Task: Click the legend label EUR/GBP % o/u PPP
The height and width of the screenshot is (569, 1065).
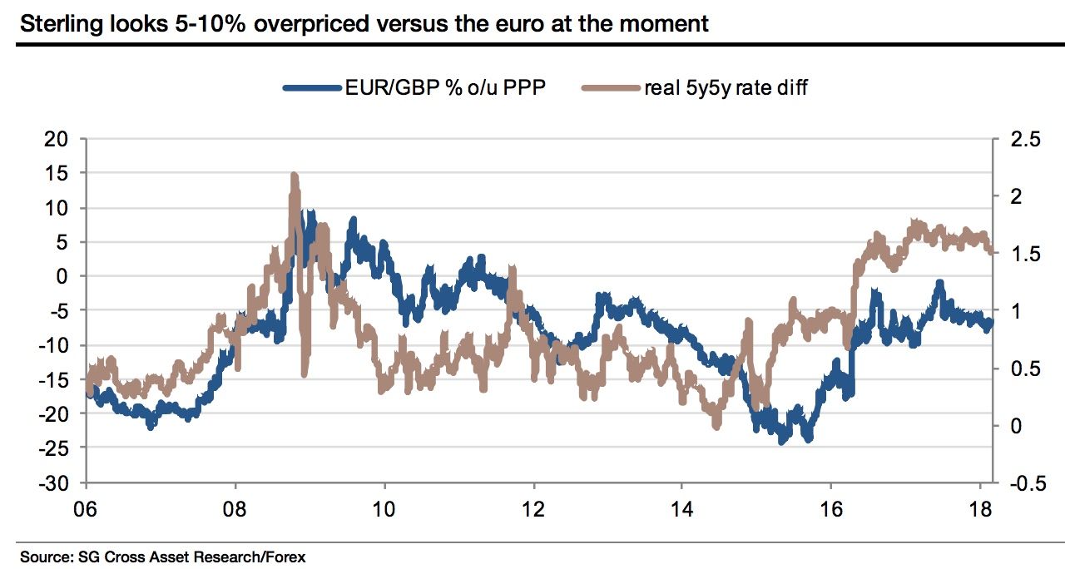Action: [445, 87]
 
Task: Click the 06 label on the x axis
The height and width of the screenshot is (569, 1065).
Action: [87, 507]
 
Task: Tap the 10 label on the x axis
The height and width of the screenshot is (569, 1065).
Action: [384, 507]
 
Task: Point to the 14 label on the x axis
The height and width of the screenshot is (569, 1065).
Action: [681, 507]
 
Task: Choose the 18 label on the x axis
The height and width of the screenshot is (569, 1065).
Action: [978, 507]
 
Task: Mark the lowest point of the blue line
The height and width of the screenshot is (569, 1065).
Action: [782, 442]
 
